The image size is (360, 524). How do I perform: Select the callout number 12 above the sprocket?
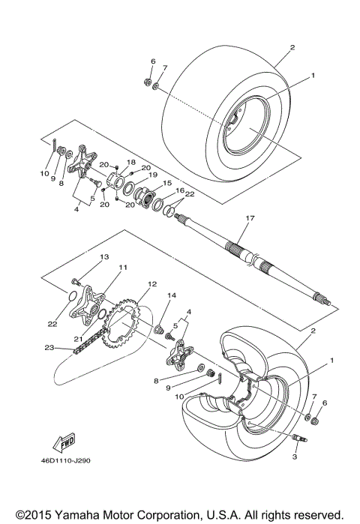(151, 284)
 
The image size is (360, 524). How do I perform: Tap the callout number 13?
(104, 257)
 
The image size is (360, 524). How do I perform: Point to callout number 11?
(122, 268)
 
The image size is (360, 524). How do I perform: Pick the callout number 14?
(171, 296)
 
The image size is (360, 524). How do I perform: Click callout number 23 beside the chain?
(49, 347)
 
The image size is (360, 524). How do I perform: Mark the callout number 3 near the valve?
(295, 457)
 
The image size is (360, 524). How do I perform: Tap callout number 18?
(130, 162)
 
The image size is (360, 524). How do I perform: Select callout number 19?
(154, 175)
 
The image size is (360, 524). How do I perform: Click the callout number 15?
(166, 183)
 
